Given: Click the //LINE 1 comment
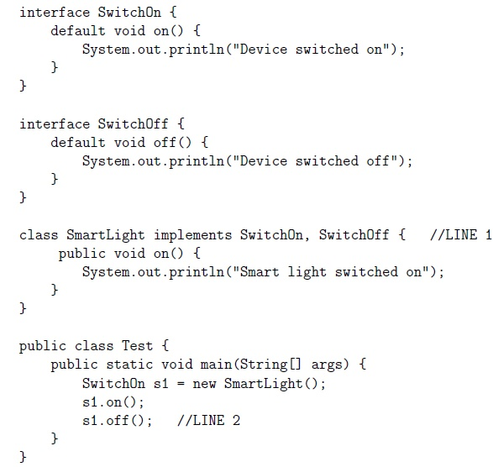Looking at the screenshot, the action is [460, 235].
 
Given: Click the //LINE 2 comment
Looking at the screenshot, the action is [208, 421].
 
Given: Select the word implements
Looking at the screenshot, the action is [192, 236].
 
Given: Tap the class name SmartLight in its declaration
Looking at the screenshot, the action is [105, 236].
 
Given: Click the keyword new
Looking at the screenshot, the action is [204, 384].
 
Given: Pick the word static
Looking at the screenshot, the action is [129, 365].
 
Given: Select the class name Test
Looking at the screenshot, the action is [137, 346].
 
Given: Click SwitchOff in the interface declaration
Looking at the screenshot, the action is [133, 124].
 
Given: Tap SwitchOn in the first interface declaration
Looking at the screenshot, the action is [129, 13].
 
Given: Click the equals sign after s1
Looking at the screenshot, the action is [181, 384].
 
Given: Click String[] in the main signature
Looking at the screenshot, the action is [270, 365].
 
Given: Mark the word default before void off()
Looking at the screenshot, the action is [78, 143].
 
